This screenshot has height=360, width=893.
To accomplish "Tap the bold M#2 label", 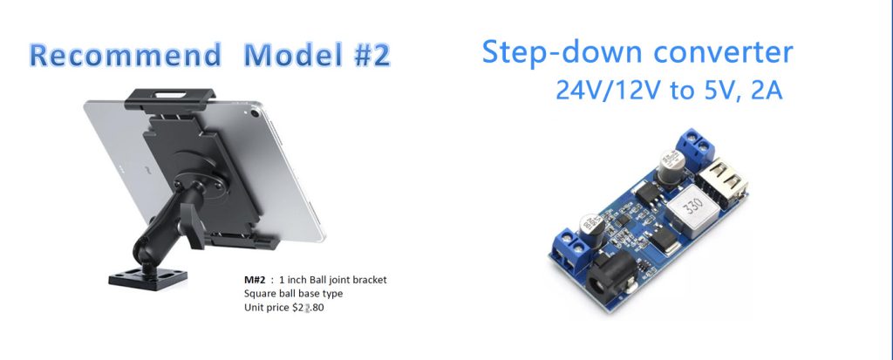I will (x=254, y=281).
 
